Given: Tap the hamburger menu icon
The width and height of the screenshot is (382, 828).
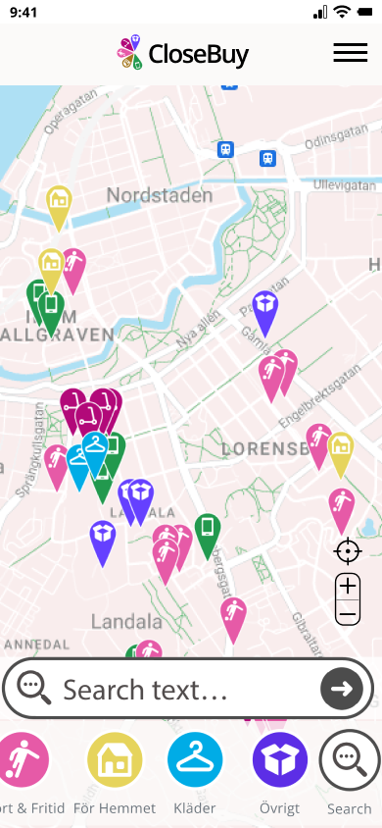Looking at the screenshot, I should [350, 53].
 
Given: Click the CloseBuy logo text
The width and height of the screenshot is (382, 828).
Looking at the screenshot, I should [198, 54].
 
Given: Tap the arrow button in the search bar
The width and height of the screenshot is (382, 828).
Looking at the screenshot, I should [341, 689].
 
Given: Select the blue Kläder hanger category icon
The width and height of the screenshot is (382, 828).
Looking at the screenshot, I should [196, 760].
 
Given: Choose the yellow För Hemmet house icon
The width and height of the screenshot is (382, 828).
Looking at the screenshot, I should [116, 760].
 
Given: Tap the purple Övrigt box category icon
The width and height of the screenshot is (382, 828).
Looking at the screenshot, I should [280, 760].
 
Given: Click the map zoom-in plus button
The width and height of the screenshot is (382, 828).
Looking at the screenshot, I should [348, 588].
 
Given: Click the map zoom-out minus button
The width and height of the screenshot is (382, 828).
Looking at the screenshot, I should [348, 615].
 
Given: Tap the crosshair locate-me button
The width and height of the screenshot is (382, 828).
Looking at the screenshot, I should [348, 551].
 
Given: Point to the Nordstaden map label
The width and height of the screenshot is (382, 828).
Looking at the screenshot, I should [159, 195].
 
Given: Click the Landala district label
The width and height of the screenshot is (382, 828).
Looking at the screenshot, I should [126, 621].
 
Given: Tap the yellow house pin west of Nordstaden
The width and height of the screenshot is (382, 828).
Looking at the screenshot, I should [59, 204].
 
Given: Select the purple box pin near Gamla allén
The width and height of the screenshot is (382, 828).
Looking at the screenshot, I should [264, 309].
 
